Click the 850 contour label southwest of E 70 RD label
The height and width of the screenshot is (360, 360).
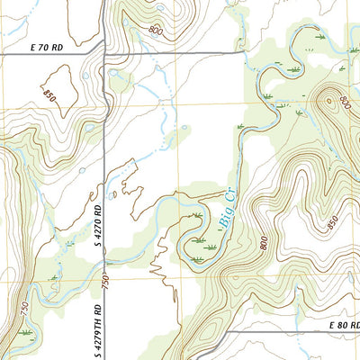click(48, 96)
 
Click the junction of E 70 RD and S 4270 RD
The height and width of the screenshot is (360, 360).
click(106, 55)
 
